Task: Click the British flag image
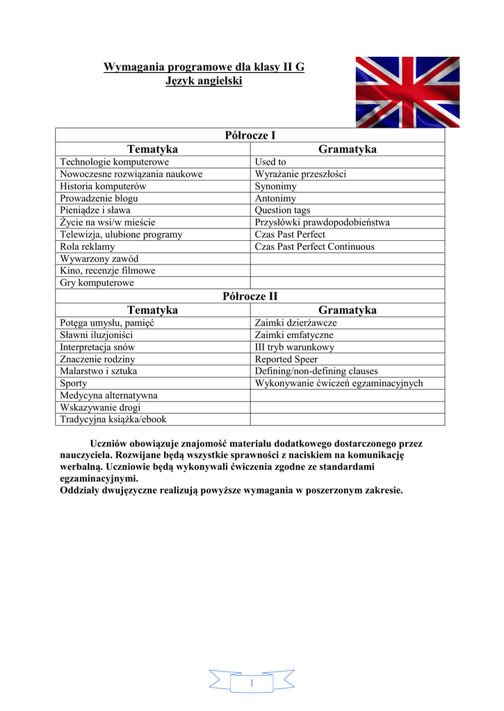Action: pos(407,92)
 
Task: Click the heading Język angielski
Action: pos(204,81)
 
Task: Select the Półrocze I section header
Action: pos(250,135)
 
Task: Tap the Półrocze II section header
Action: pos(250,296)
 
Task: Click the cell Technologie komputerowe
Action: pos(115,162)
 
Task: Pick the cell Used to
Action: pos(270,162)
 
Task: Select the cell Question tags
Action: pos(282,210)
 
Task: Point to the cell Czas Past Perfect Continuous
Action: pos(314,246)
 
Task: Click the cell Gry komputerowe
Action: pos(97,283)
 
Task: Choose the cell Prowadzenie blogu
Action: pos(99,198)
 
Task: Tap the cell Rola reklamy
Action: pos(88,246)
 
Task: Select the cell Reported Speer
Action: pos(286,360)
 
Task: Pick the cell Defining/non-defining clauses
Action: pos(316,371)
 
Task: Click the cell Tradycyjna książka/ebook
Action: pos(113,419)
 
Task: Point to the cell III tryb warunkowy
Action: pos(294,347)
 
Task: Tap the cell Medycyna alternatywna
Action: pos(108,395)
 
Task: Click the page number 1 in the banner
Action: pos(252,685)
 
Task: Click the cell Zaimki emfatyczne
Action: pos(294,335)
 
